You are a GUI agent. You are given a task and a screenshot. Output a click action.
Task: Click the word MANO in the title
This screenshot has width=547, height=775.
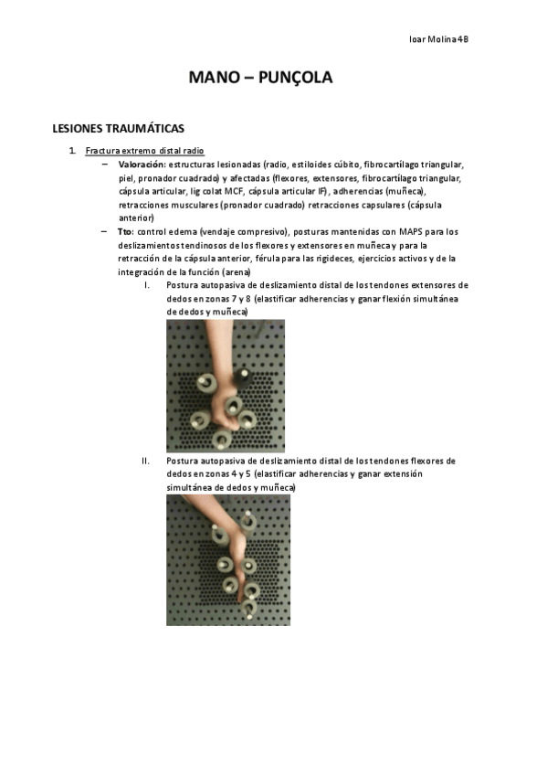coord(207,77)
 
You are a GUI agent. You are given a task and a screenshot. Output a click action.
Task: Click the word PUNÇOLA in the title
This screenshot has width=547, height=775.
coord(295,78)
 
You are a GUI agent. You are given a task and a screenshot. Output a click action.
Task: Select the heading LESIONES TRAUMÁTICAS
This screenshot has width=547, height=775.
coord(119,129)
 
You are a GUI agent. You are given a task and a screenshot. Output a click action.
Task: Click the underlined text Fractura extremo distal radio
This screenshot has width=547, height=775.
coord(144,151)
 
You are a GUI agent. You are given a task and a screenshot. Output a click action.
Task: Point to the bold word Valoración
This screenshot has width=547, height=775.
coord(142,165)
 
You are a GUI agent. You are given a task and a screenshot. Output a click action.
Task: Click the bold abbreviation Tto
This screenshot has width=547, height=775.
coord(125,232)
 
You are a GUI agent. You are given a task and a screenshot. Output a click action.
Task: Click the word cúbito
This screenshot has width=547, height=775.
coord(347,165)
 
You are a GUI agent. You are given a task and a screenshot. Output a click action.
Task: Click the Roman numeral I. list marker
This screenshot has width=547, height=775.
coord(147,285)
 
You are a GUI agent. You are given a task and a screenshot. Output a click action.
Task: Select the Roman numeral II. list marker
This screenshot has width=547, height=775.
coord(145,462)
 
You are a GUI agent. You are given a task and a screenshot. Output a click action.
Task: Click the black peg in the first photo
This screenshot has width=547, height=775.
coord(242,378)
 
